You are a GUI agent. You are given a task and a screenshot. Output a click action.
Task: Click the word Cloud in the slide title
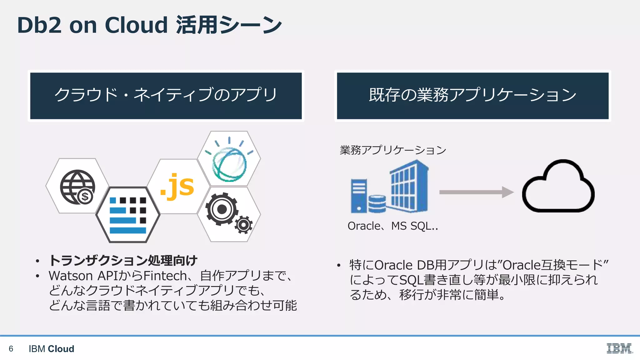(136, 25)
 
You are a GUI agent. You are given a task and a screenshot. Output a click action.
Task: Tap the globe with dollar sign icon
(77, 187)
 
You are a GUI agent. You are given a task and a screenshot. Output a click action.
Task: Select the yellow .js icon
(177, 186)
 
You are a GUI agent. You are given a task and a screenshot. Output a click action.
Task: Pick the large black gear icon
(221, 209)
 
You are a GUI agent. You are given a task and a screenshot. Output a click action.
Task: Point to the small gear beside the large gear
(243, 225)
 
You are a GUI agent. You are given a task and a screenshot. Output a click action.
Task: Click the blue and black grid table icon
(128, 215)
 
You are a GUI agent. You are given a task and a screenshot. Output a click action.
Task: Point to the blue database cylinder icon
(377, 204)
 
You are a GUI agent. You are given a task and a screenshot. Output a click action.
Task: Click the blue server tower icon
(359, 196)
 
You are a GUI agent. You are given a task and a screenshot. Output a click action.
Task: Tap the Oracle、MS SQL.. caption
(392, 226)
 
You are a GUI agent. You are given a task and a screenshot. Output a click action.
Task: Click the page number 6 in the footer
(11, 348)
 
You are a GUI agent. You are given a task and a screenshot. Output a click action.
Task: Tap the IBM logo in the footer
(619, 348)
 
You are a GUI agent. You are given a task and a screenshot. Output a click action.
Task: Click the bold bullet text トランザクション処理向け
(123, 260)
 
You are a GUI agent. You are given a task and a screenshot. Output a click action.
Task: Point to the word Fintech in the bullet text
(165, 276)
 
